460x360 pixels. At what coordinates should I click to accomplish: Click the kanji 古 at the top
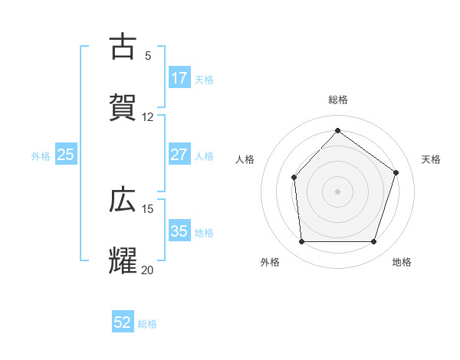[123, 47]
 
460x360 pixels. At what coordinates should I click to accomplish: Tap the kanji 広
[123, 200]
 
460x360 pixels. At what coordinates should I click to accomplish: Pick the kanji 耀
[123, 260]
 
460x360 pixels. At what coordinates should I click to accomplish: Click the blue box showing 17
[179, 78]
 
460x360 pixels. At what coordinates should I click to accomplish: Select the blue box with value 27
[179, 155]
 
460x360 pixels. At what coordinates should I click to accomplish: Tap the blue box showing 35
[179, 231]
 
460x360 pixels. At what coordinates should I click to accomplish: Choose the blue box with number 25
[66, 155]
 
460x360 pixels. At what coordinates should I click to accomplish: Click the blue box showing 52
[123, 322]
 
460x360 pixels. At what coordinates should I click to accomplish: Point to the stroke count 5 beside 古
[148, 56]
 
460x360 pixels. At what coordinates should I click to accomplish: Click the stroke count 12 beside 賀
[148, 117]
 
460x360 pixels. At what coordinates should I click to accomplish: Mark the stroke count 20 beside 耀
[148, 270]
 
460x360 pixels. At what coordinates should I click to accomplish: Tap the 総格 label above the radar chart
[337, 100]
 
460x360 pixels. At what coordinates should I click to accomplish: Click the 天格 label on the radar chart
[431, 159]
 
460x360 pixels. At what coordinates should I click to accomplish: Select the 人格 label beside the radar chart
[245, 159]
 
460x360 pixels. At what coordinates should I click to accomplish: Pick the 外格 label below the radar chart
[270, 262]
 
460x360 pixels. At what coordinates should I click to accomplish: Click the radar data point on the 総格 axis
[337, 130]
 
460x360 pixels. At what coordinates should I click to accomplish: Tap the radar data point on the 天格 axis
[396, 172]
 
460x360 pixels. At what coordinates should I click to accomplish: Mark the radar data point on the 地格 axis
[373, 241]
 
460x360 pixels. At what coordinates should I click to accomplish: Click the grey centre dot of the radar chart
[337, 191]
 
